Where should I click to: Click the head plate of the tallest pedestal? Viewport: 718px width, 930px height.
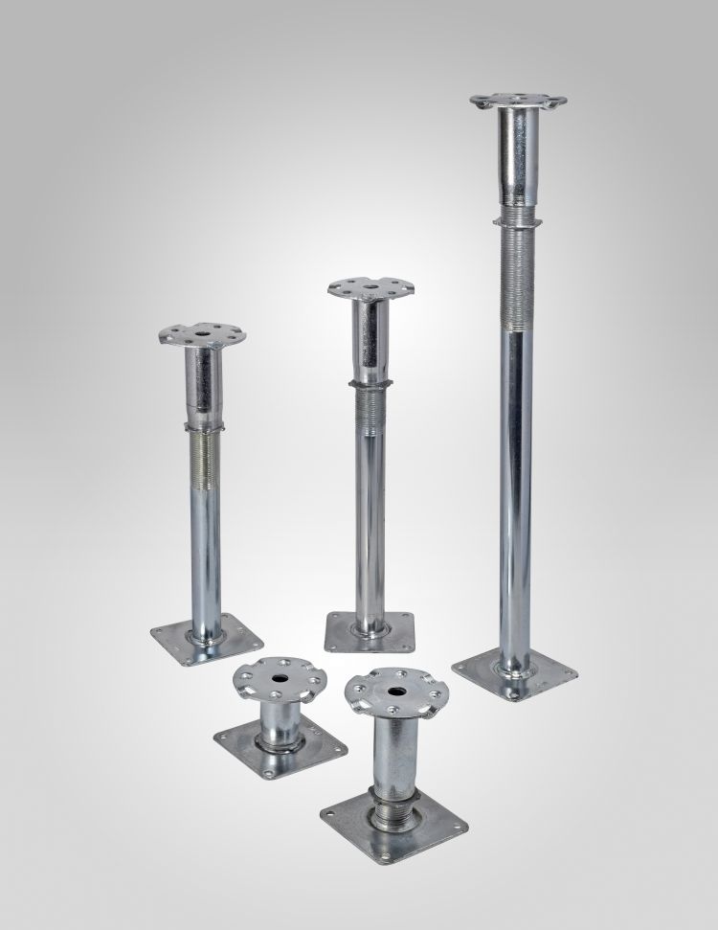517,100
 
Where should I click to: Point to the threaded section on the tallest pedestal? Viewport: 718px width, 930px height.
516,278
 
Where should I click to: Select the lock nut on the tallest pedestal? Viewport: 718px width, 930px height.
516,218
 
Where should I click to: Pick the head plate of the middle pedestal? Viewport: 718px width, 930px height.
370,287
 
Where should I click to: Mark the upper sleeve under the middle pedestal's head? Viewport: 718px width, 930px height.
370,340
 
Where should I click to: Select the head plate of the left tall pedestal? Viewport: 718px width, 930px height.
203,335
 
